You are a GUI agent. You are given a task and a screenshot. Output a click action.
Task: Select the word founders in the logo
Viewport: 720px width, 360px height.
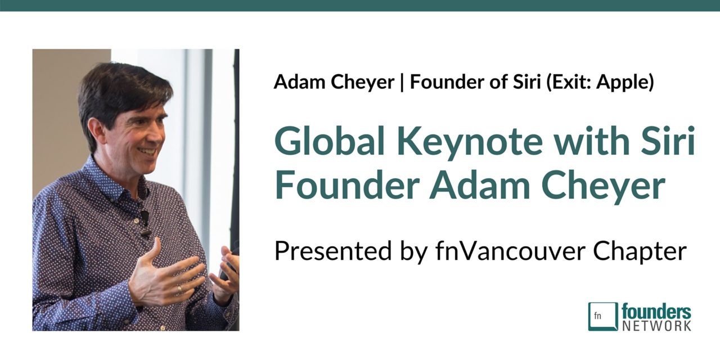tap(656, 311)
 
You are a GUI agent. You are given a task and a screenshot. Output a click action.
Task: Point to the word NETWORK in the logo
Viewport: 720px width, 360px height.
tap(656, 325)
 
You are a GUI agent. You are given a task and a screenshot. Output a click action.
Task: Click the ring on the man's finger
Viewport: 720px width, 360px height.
tap(179, 289)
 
